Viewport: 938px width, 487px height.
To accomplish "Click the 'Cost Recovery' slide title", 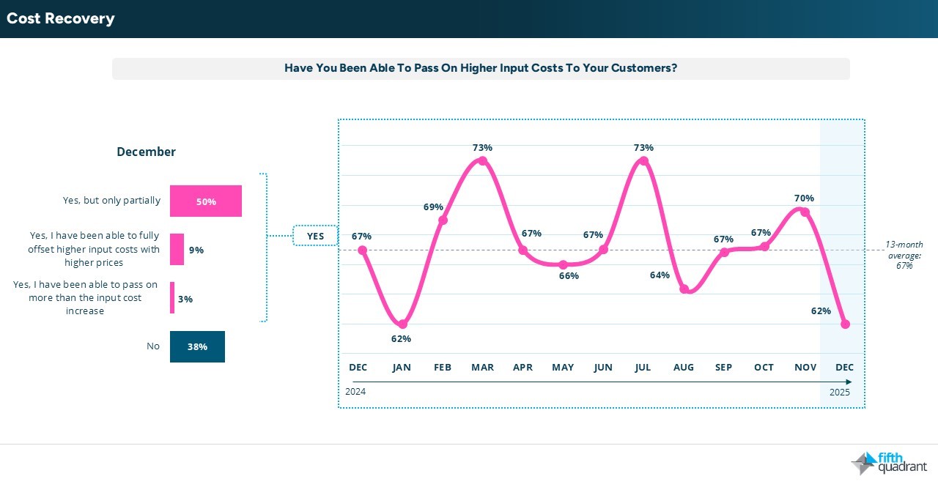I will [61, 18].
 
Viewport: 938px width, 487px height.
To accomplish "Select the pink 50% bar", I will [205, 201].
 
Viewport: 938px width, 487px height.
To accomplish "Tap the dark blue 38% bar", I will [197, 347].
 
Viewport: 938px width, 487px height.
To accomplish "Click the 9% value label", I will [196, 250].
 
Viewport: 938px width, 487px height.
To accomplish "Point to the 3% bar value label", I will [185, 299].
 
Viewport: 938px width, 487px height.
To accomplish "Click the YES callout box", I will [315, 236].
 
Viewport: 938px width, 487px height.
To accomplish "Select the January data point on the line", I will [402, 324].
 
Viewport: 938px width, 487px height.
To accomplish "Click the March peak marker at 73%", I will [482, 160].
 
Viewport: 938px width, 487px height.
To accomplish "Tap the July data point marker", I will [643, 160].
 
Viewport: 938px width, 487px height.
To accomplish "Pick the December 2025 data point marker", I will [845, 324].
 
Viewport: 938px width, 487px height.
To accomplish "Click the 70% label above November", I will [804, 198].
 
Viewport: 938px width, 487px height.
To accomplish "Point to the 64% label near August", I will [660, 275].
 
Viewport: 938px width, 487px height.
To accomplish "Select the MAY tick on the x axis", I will [563, 368].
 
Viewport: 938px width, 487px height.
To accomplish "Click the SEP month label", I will [724, 368].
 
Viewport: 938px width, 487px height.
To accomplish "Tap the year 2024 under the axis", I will [355, 392].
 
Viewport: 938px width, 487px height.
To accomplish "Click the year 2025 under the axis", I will [840, 392].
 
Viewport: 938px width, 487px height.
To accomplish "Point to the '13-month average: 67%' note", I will [904, 255].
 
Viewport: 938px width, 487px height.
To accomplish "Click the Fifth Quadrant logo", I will [890, 463].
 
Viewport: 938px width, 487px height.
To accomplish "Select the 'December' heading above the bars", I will [147, 152].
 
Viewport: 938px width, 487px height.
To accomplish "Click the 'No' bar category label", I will [153, 346].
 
